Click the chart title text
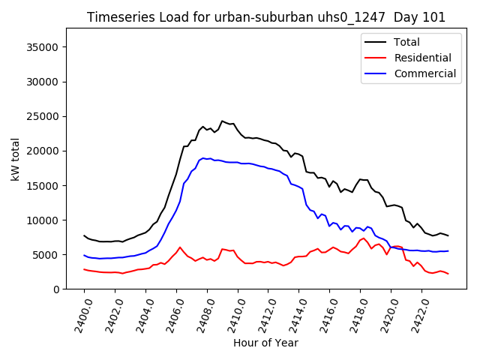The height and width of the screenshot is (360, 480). [266, 17]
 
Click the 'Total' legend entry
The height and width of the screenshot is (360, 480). [407, 42]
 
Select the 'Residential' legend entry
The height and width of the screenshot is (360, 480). [423, 58]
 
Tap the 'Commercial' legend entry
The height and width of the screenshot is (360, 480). [424, 73]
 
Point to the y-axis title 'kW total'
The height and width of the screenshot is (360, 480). [15, 158]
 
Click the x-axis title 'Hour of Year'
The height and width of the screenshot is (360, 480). [265, 343]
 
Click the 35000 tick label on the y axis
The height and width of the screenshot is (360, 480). [43, 47]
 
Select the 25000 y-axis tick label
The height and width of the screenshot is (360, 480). [43, 116]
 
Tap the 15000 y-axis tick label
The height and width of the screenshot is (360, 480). [43, 185]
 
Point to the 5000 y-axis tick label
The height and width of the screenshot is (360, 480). [46, 255]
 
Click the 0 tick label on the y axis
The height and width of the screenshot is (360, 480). [56, 289]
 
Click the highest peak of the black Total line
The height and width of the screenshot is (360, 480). [222, 121]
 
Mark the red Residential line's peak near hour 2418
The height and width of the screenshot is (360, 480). [364, 238]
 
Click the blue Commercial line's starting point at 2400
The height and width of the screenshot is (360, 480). [84, 255]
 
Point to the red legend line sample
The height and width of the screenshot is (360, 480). [376, 58]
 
